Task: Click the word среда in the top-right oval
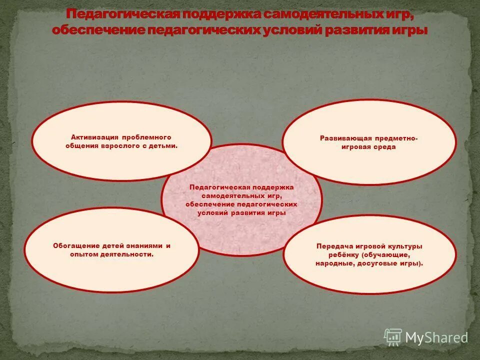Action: click(x=384, y=147)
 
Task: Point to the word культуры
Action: click(x=403, y=246)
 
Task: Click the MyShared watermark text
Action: click(x=436, y=337)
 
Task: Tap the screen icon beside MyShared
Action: click(x=393, y=336)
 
